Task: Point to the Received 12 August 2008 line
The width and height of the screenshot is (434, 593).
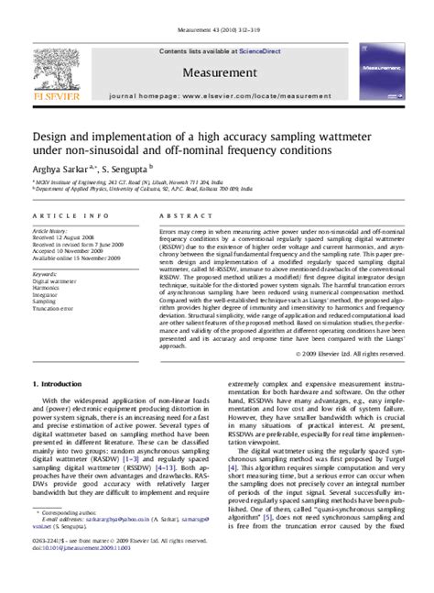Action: pyautogui.click(x=65, y=238)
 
